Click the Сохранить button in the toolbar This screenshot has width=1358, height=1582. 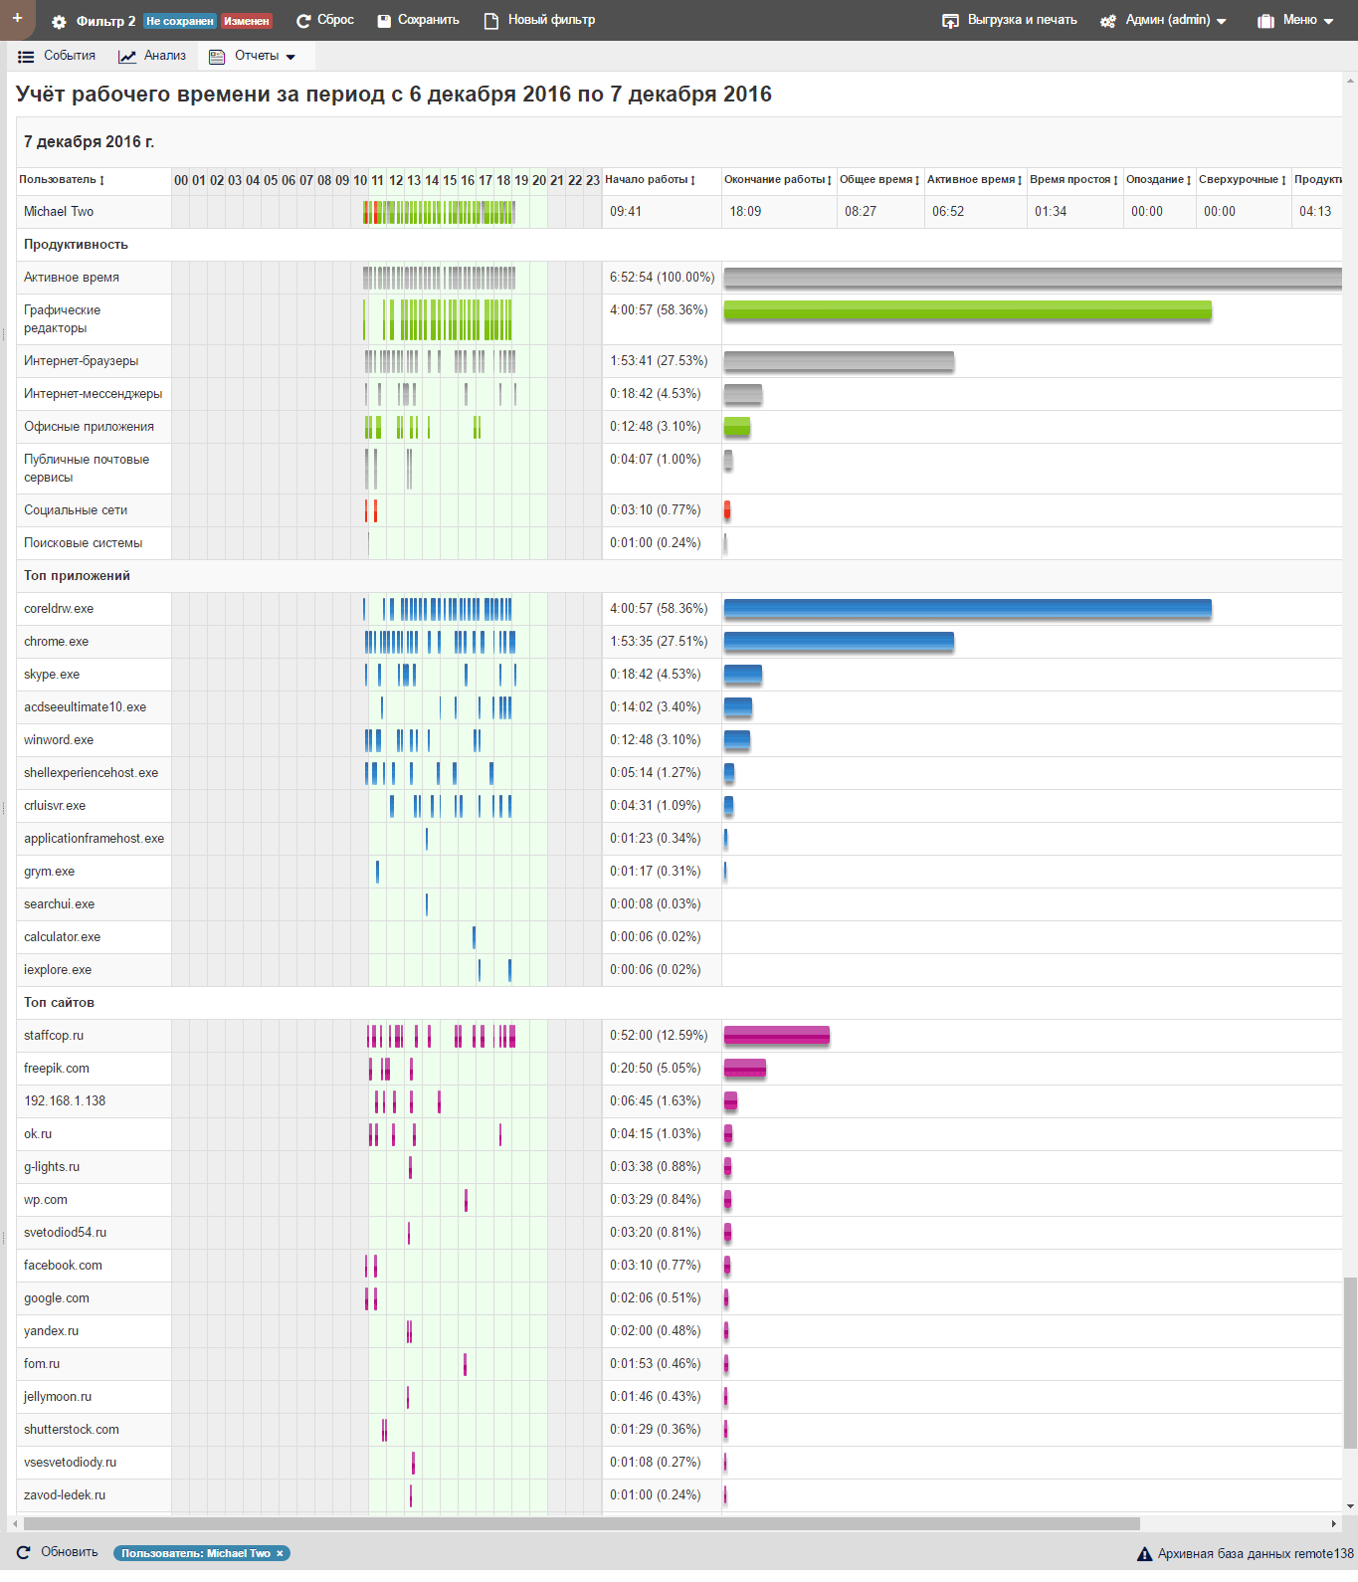(419, 20)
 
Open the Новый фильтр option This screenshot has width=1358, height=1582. (540, 20)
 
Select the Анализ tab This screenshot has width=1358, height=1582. (153, 56)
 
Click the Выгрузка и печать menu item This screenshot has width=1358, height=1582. (1011, 20)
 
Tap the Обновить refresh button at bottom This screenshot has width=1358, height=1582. (58, 1552)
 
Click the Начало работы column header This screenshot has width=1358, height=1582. (647, 180)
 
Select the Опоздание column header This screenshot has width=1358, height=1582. (1155, 180)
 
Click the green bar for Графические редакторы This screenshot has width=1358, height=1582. (967, 310)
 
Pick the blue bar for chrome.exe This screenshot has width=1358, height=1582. (839, 642)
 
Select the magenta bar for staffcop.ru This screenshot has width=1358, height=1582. (776, 1036)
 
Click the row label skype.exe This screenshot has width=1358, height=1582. (52, 675)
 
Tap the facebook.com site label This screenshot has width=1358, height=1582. (63, 1266)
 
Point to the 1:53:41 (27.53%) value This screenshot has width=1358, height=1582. (659, 361)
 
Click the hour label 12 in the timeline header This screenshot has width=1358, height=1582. (396, 180)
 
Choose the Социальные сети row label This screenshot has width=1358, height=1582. (76, 510)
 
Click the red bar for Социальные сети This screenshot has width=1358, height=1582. (727, 510)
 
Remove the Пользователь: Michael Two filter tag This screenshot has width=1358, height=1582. (280, 1553)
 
